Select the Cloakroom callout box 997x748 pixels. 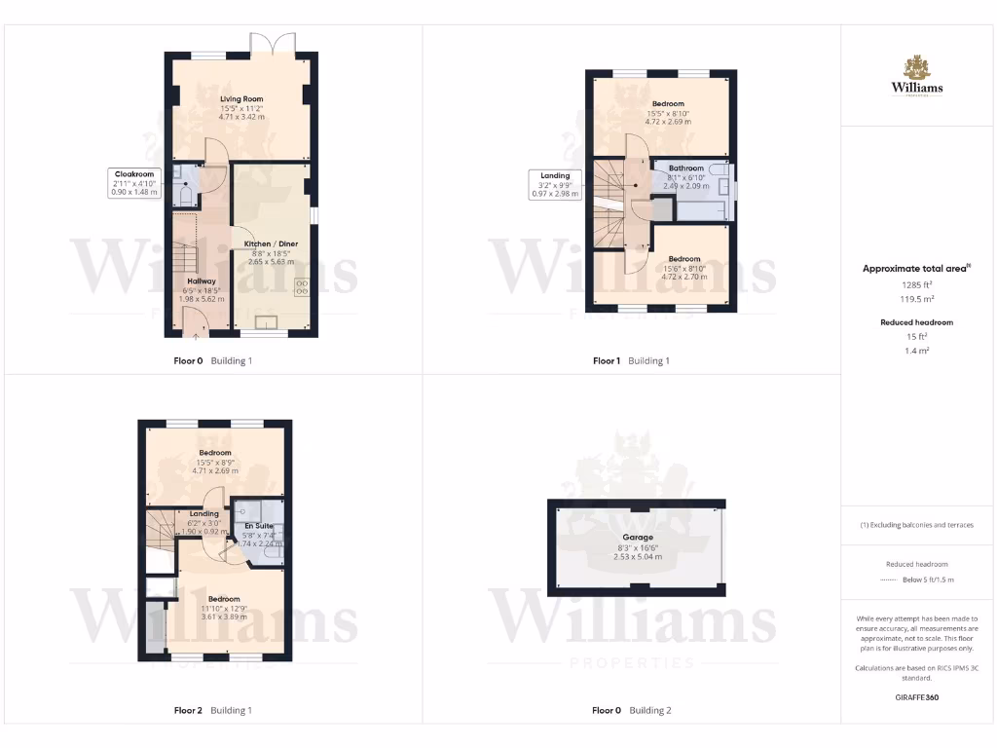tap(134, 183)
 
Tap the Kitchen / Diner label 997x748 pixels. tap(271, 243)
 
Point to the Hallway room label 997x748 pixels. tap(202, 281)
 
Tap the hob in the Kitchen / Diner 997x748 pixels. tap(302, 286)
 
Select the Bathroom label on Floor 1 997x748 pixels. tap(685, 168)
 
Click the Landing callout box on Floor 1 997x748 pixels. tap(554, 185)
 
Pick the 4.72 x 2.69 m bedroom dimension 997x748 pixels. tap(668, 122)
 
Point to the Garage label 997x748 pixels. tap(638, 538)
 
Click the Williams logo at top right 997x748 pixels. tap(917, 76)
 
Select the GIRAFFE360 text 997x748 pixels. tap(916, 698)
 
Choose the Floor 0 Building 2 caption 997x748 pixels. tap(632, 711)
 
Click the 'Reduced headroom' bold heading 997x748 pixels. tap(916, 322)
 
